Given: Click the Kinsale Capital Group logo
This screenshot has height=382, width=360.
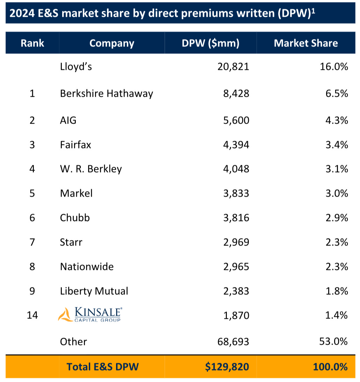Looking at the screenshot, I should [90, 315].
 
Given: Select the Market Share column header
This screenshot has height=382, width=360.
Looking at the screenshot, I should [306, 43].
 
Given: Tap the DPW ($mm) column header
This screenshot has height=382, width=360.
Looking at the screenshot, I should [210, 43].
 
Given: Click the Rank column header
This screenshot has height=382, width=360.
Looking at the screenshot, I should [33, 43].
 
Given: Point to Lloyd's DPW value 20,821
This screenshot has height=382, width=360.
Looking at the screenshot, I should [232, 66].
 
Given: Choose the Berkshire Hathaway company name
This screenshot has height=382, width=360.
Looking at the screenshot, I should [107, 94].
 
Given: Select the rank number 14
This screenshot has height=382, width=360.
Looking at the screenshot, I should [33, 315].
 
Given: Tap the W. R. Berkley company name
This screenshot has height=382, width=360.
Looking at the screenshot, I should [91, 169].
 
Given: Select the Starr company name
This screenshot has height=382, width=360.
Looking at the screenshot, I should [71, 242].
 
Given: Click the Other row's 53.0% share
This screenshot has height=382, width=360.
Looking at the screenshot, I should [333, 341].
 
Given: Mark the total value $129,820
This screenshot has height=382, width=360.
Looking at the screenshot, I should [227, 367].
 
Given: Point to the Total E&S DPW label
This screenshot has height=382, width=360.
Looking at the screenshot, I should [103, 367].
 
